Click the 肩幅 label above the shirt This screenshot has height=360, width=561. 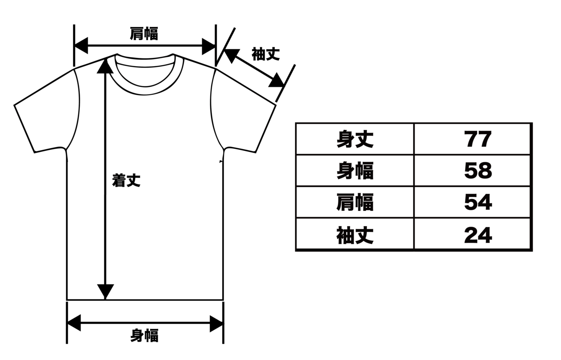[x=144, y=34]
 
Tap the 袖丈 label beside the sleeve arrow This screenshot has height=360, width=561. [x=266, y=54]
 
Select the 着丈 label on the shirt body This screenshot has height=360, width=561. [x=126, y=180]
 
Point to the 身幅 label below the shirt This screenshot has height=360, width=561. [x=144, y=335]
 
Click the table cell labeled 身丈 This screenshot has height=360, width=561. [x=355, y=139]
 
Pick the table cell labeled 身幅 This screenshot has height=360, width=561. [x=355, y=171]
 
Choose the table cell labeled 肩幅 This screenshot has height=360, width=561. [x=355, y=203]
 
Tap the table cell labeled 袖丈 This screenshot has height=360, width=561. [x=355, y=235]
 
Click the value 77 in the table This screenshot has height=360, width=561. [x=478, y=139]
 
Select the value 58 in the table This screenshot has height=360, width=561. [x=478, y=171]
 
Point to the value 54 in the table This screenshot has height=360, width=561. [x=478, y=203]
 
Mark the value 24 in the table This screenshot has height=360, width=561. [x=478, y=235]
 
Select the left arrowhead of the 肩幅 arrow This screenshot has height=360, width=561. [x=82, y=46]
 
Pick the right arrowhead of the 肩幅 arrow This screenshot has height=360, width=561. [x=209, y=46]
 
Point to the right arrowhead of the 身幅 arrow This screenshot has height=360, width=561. [x=216, y=324]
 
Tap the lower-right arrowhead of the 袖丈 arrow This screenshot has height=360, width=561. [x=277, y=81]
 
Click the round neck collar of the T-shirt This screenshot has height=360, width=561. [x=145, y=88]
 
